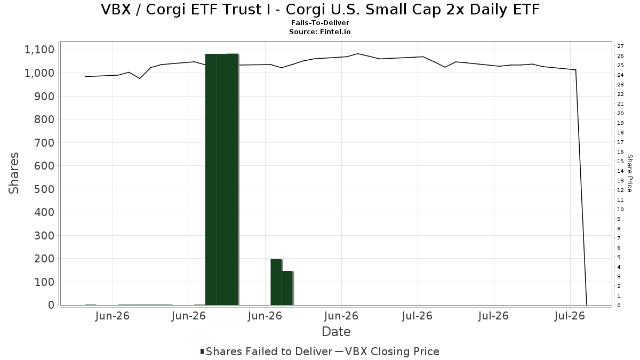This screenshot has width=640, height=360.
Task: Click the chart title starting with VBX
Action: (x=320, y=10)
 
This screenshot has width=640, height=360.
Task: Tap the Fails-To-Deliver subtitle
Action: (x=320, y=22)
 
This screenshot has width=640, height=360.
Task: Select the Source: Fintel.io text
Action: (x=319, y=31)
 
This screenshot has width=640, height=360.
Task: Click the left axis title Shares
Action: (x=13, y=173)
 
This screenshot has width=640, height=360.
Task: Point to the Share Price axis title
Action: (x=630, y=173)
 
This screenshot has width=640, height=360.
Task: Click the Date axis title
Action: (x=336, y=332)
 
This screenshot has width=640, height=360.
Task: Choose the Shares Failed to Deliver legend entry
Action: (x=266, y=351)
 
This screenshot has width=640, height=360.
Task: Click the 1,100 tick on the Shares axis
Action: (x=39, y=50)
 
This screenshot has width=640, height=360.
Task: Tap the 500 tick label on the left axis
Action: (x=44, y=189)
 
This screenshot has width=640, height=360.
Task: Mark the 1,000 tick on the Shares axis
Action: (x=39, y=73)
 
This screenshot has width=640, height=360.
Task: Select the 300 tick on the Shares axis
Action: (x=44, y=236)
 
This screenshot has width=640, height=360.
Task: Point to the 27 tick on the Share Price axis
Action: (x=620, y=46)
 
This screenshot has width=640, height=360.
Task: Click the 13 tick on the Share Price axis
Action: (x=620, y=181)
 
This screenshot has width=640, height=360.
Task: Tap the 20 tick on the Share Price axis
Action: (x=620, y=114)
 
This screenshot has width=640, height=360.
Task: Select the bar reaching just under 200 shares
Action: (x=276, y=282)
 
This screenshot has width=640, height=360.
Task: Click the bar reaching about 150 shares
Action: (x=287, y=289)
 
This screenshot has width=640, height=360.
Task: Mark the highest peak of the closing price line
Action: (x=358, y=53)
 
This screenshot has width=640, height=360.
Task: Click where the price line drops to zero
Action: (x=587, y=305)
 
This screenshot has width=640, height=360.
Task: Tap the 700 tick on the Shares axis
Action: (x=44, y=143)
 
